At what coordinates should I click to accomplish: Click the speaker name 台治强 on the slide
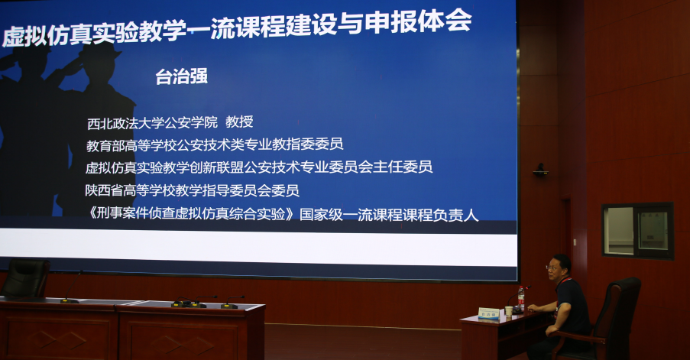(x=181, y=76)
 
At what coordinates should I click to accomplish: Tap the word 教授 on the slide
(x=239, y=122)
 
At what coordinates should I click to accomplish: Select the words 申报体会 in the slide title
(x=418, y=21)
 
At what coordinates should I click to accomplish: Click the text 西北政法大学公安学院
(x=152, y=123)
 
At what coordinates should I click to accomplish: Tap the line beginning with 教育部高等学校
(x=215, y=144)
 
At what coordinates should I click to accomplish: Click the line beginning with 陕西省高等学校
(x=193, y=190)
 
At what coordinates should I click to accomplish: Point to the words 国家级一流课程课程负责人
(x=389, y=214)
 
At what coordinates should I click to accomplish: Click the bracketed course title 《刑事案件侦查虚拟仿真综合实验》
(x=192, y=214)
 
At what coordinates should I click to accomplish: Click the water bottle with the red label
(x=521, y=298)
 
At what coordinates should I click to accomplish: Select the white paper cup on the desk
(x=509, y=311)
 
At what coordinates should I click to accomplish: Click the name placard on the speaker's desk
(x=489, y=313)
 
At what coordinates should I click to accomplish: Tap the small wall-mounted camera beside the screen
(x=540, y=170)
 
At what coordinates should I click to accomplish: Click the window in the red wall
(x=637, y=231)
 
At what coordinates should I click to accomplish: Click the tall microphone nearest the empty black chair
(x=70, y=288)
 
